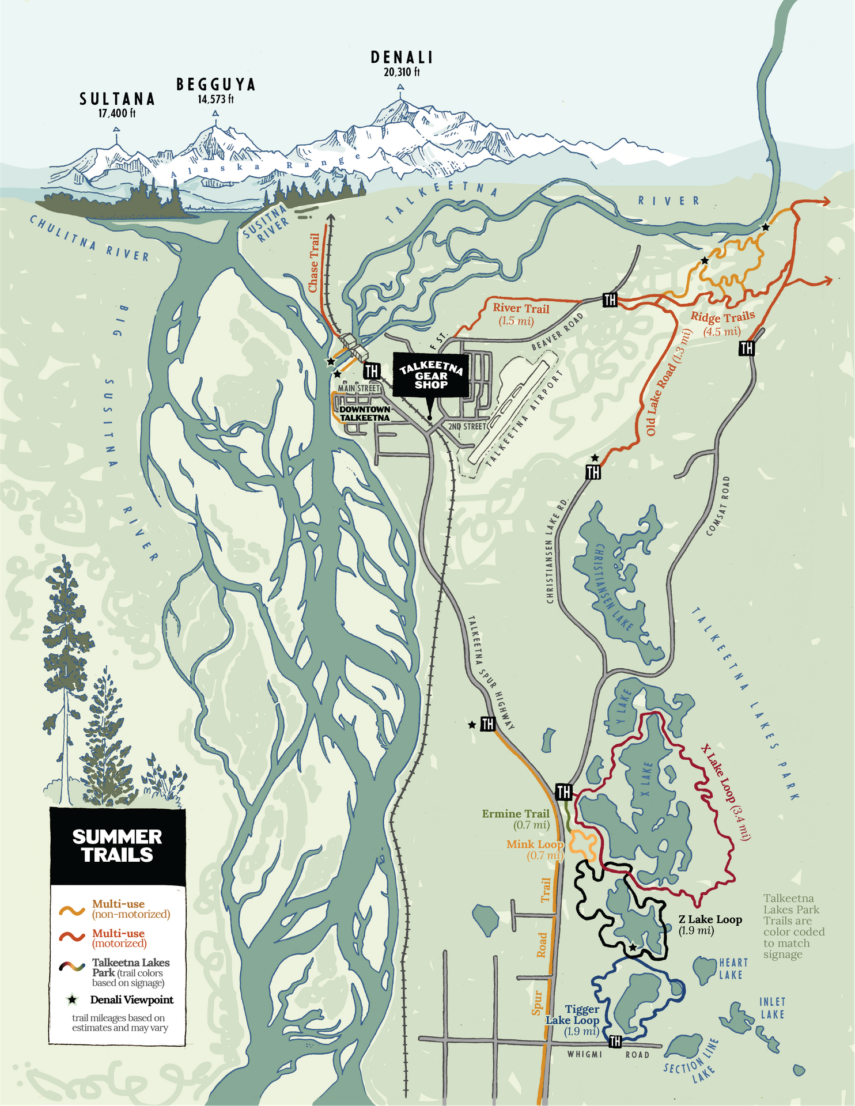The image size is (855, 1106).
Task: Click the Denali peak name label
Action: [402, 58]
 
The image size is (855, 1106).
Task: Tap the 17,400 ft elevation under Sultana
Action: [117, 113]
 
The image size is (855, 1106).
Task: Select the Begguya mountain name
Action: [215, 85]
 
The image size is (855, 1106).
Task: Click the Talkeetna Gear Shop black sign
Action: [431, 376]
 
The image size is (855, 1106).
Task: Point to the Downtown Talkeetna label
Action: [364, 414]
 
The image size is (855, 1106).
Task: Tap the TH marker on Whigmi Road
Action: [615, 1041]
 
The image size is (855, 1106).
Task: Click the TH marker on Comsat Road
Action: [747, 348]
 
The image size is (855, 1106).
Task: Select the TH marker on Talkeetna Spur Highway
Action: [487, 724]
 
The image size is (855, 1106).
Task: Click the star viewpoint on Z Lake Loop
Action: [632, 947]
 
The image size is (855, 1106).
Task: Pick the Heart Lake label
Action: [733, 968]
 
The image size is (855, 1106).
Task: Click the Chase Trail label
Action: [314, 263]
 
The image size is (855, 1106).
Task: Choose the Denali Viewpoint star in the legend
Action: [72, 1000]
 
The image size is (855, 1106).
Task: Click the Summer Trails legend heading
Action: [117, 846]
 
